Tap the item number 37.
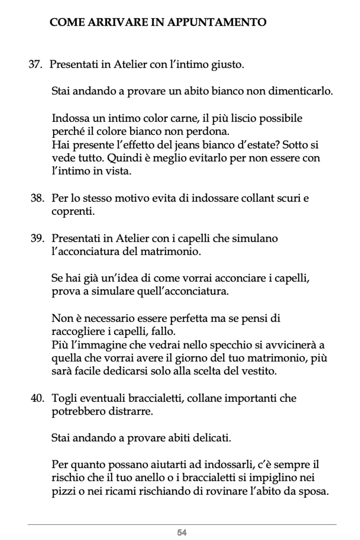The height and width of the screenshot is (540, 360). click(36, 65)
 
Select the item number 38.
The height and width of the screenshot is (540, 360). click(37, 198)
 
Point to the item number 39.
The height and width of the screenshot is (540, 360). click(37, 238)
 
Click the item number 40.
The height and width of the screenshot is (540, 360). click(37, 398)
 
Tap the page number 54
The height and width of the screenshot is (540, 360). click(182, 532)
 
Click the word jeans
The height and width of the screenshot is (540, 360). click(185, 145)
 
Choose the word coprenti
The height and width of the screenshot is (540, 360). click(73, 211)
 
